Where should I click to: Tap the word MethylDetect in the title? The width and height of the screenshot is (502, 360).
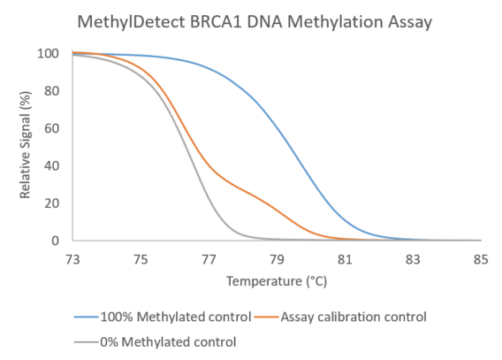pyautogui.click(x=132, y=23)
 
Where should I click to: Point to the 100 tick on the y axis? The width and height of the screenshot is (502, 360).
pyautogui.click(x=49, y=53)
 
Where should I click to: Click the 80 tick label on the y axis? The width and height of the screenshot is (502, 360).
pyautogui.click(x=52, y=91)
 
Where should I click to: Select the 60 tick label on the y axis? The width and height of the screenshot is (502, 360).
pyautogui.click(x=52, y=128)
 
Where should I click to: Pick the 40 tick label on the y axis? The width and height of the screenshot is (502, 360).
pyautogui.click(x=52, y=166)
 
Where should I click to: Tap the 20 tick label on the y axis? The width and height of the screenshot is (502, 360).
pyautogui.click(x=52, y=203)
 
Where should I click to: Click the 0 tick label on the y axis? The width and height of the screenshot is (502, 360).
pyautogui.click(x=56, y=241)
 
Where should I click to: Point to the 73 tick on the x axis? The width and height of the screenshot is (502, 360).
pyautogui.click(x=72, y=259)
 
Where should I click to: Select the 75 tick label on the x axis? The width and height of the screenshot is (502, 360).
pyautogui.click(x=141, y=259)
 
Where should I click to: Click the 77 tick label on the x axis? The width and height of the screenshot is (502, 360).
pyautogui.click(x=209, y=259)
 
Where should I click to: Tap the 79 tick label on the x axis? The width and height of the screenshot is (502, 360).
pyautogui.click(x=277, y=259)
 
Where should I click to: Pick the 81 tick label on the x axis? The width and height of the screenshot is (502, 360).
pyautogui.click(x=345, y=259)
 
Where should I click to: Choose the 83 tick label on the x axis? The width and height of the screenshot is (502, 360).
pyautogui.click(x=413, y=259)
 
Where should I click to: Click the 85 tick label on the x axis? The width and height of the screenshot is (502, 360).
pyautogui.click(x=481, y=259)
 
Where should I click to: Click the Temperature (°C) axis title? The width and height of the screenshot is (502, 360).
pyautogui.click(x=277, y=281)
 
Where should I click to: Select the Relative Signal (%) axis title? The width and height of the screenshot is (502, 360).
pyautogui.click(x=26, y=145)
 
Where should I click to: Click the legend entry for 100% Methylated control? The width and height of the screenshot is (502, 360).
pyautogui.click(x=163, y=317)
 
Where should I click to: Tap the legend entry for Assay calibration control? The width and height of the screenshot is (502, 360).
pyautogui.click(x=340, y=317)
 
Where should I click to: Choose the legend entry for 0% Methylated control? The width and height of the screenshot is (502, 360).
pyautogui.click(x=156, y=342)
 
